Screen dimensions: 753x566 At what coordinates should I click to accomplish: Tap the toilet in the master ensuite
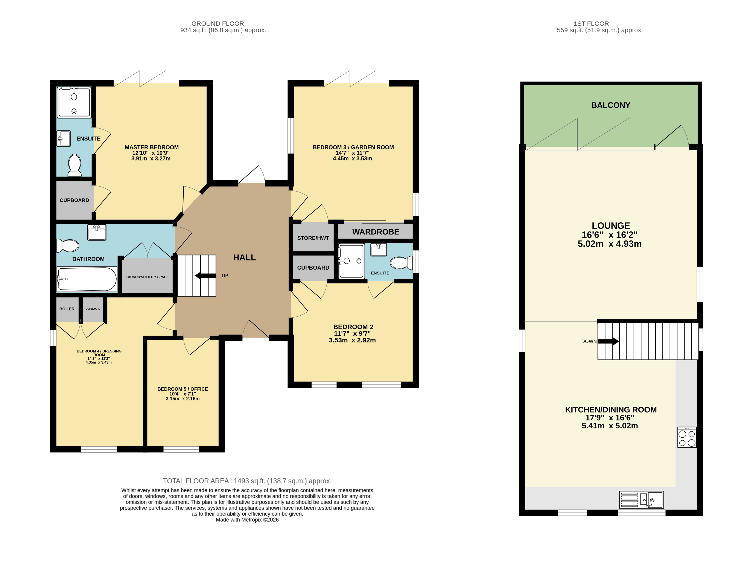point(75,165)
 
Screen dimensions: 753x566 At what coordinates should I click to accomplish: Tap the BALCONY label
point(611,105)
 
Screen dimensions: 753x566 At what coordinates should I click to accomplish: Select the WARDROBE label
point(376,232)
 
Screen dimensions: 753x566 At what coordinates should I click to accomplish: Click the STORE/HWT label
point(313,238)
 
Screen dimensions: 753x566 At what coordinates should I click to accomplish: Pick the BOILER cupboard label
point(67,309)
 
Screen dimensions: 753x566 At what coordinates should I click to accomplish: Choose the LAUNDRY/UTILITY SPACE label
point(147,277)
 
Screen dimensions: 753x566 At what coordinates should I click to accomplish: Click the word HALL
point(244,258)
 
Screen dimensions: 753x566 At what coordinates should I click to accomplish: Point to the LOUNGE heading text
point(611,226)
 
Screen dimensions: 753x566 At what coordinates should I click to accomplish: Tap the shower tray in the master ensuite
point(74,102)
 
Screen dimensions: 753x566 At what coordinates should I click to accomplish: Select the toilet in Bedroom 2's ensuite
point(401,263)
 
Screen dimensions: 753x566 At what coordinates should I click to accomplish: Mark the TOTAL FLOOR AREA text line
point(247,481)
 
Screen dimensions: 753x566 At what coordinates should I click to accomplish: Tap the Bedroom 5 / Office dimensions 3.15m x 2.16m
point(183,399)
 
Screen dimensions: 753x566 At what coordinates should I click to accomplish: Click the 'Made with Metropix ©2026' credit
point(247,520)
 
